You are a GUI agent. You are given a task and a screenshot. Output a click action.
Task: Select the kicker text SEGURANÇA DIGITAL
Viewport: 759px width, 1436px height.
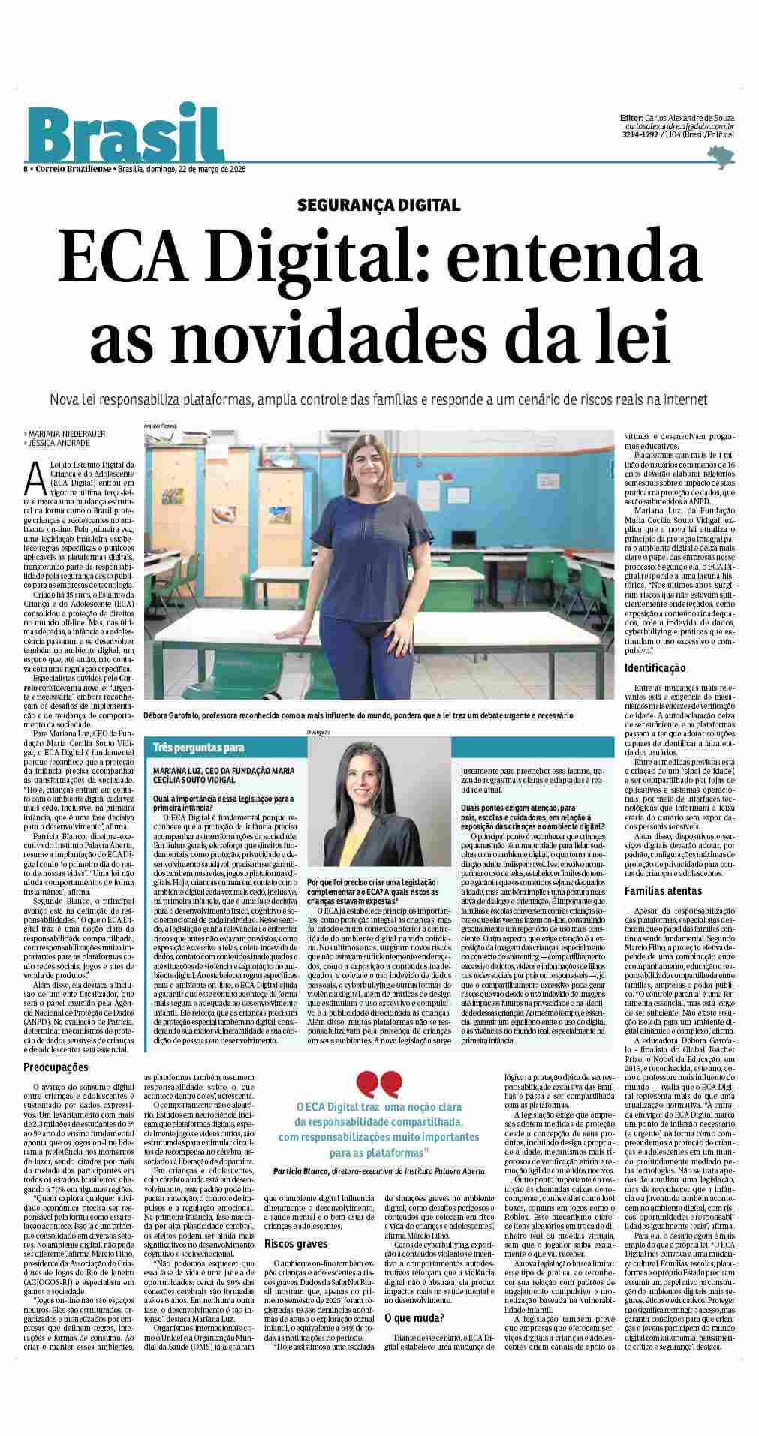point(378,205)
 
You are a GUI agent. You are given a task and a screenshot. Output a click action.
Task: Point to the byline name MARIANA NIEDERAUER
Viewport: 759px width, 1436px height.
point(67,433)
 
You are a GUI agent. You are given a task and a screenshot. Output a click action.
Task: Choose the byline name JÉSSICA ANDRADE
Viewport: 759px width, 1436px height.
point(59,443)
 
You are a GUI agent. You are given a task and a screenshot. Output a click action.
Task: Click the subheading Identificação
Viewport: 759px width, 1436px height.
point(655,667)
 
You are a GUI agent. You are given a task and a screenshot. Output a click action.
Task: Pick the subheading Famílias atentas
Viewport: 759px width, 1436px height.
point(663,891)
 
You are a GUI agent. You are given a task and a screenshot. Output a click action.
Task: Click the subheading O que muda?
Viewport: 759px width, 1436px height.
point(414,1317)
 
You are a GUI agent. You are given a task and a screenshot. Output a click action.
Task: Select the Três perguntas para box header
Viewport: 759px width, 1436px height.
point(199,748)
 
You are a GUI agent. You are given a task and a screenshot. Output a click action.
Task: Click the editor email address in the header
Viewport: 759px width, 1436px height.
point(679,127)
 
